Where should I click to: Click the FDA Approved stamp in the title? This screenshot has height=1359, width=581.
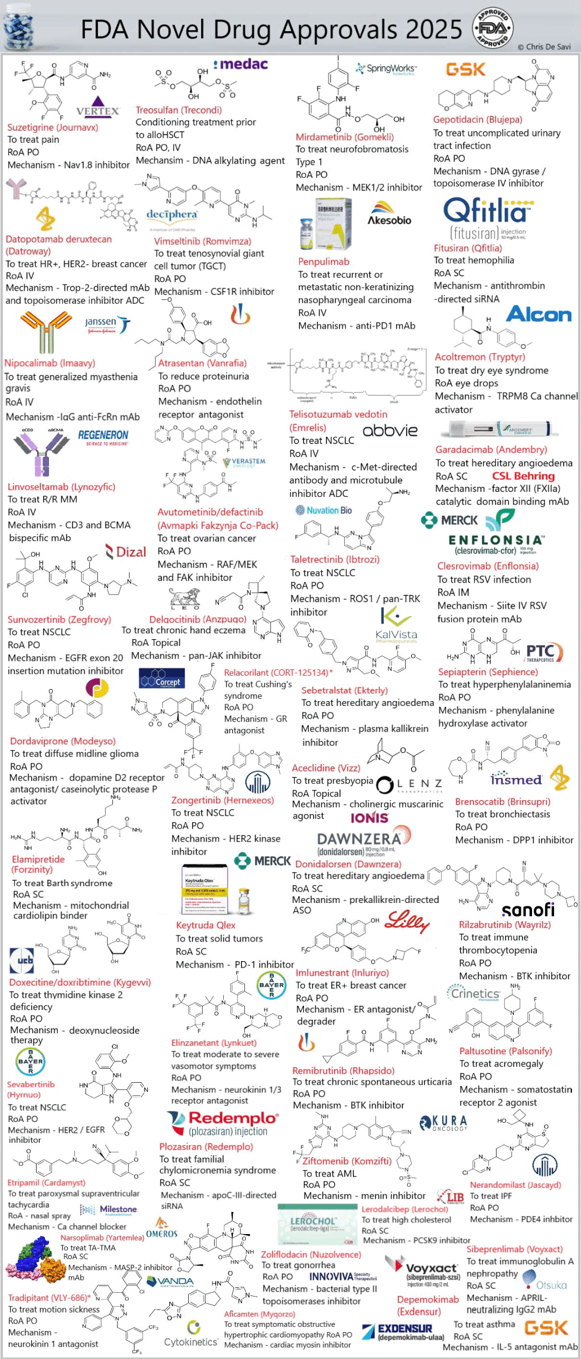[x=492, y=29]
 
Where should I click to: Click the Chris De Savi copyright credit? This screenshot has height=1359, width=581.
[x=544, y=47]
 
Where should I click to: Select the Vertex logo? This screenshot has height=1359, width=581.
[x=97, y=107]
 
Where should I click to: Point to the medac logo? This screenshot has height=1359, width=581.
[x=240, y=65]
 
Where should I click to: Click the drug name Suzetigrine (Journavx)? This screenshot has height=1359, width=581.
[x=53, y=128]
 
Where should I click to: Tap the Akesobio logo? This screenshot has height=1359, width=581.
[x=389, y=213]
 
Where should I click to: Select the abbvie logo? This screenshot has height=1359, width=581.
[x=390, y=430]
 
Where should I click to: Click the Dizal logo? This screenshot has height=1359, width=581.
[x=126, y=551]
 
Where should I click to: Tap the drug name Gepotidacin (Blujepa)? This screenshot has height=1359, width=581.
[x=478, y=120]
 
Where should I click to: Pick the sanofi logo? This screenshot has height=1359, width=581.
[x=528, y=909]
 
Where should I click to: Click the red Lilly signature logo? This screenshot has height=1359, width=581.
[x=407, y=921]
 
